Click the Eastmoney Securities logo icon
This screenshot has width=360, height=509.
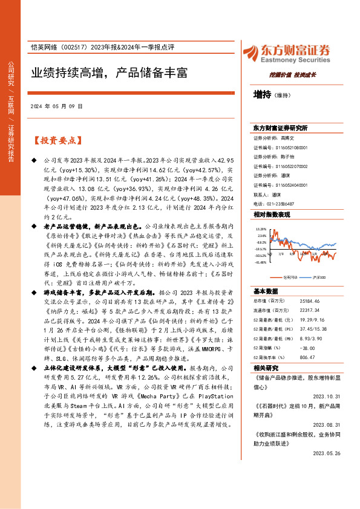point(251,53)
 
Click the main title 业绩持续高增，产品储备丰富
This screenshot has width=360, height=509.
point(109,73)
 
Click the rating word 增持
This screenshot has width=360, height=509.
point(262,95)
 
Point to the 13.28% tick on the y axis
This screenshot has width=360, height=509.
point(261,230)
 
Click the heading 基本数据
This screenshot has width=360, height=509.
point(266,291)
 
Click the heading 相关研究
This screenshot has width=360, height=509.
point(266,368)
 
